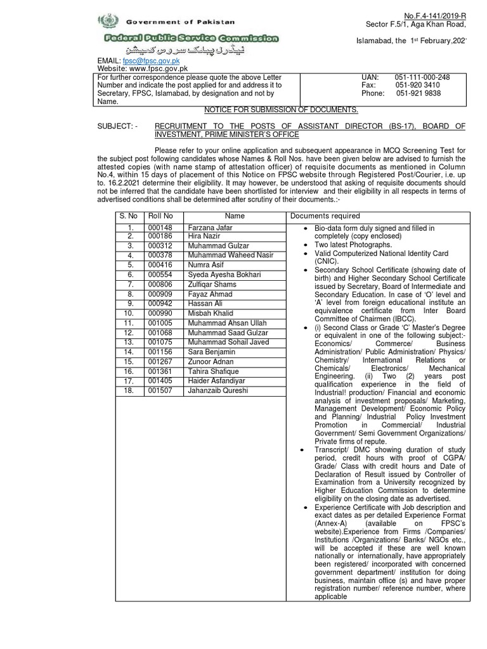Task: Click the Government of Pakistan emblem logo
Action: click(105, 22)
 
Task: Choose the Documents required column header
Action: click(325, 216)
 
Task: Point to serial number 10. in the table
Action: click(129, 313)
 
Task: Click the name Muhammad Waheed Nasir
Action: click(226, 255)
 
